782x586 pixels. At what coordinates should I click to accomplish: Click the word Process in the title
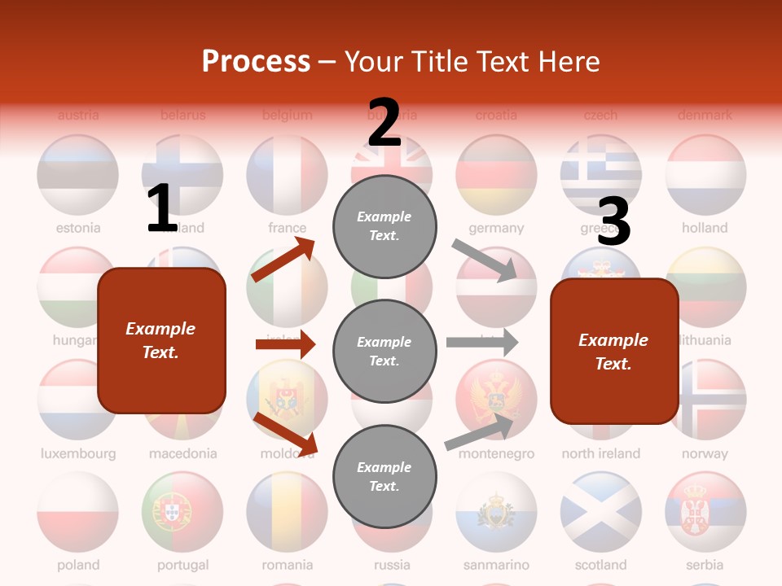tap(256, 61)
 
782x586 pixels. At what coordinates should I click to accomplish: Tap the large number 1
tap(162, 208)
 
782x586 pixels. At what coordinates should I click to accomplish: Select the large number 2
tap(384, 122)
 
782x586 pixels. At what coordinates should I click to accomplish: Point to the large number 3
tap(614, 221)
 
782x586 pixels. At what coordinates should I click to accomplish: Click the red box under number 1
tap(161, 340)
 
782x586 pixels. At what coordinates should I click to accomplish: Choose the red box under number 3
tap(614, 352)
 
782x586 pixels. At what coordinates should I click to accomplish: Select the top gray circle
tap(384, 225)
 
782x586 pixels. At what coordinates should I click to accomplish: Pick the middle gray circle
tap(384, 351)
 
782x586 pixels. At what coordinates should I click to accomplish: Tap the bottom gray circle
tap(384, 476)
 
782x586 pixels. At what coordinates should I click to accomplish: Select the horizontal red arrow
tap(285, 344)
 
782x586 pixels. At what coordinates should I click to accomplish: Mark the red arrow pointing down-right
tap(285, 433)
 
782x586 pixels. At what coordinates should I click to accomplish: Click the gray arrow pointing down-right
tap(484, 260)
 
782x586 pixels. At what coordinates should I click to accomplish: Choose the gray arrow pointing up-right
tap(481, 432)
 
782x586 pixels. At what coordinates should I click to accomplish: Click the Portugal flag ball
tap(182, 512)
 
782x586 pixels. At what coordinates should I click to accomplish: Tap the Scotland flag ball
tap(600, 512)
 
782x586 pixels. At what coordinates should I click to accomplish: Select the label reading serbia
tap(705, 564)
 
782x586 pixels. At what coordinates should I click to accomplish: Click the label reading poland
tap(78, 564)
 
